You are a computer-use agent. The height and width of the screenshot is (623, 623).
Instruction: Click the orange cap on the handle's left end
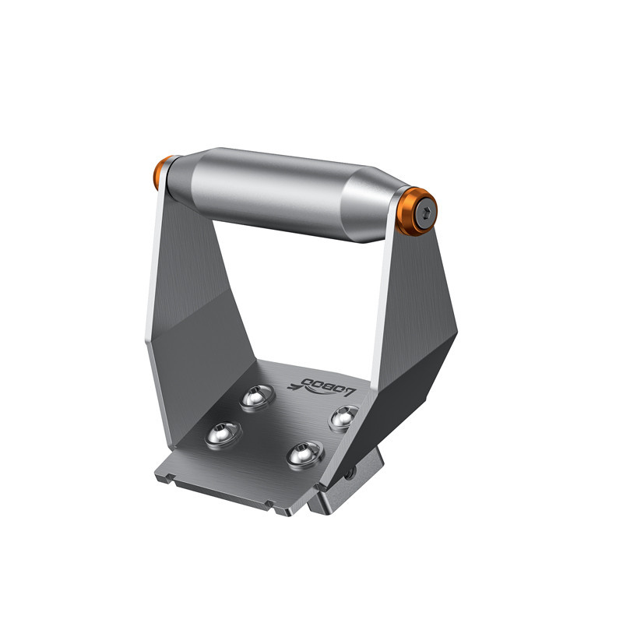point(160,171)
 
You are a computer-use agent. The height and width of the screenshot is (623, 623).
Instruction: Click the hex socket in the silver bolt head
point(427,213)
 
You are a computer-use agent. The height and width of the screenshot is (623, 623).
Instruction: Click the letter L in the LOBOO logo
point(350,392)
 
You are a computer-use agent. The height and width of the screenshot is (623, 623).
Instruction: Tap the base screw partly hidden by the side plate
point(343,417)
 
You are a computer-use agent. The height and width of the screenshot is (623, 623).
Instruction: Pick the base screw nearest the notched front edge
point(305,455)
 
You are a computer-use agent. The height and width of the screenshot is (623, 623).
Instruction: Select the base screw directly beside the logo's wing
point(258,397)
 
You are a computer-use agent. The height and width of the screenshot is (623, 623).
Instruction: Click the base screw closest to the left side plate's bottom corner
point(224,435)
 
